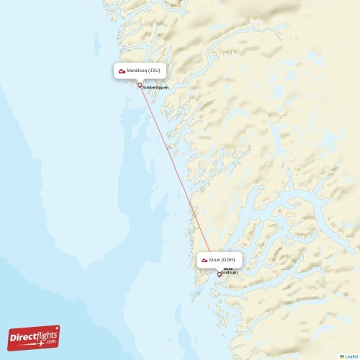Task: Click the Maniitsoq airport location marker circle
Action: tap(140, 85)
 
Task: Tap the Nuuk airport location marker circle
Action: tap(220, 274)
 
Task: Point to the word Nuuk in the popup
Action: tap(215, 259)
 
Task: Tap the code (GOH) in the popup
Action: tap(228, 259)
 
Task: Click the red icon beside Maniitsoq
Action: tap(122, 71)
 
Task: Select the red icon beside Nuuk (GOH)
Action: tap(205, 259)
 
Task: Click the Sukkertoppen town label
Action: tap(155, 87)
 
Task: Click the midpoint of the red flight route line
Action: tap(179, 179)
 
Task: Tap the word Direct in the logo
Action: tap(22, 337)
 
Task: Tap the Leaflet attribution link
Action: tap(351, 356)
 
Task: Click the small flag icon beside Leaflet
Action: tap(342, 356)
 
